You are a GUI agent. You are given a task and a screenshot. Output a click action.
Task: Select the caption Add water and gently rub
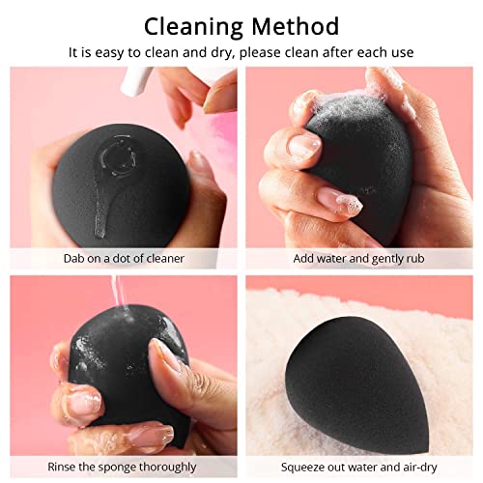coord(361,258)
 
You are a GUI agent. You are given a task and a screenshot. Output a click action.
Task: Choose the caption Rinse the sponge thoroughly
coord(122,466)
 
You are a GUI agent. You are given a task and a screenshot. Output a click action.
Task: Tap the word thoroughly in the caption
coord(160,466)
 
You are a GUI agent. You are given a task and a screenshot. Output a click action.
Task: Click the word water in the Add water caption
coord(340,258)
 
